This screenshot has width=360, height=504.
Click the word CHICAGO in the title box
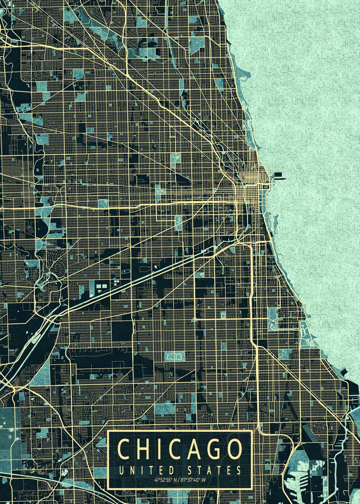[x=180, y=449]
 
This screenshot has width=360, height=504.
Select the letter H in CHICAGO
[x=144, y=449]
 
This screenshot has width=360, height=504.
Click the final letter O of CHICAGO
[x=234, y=449]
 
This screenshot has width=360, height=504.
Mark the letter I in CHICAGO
[x=159, y=449]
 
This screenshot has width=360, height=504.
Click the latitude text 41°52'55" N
[x=165, y=480]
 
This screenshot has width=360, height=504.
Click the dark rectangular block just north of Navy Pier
[x=278, y=173]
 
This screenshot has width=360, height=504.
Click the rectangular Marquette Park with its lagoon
[x=174, y=356]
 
